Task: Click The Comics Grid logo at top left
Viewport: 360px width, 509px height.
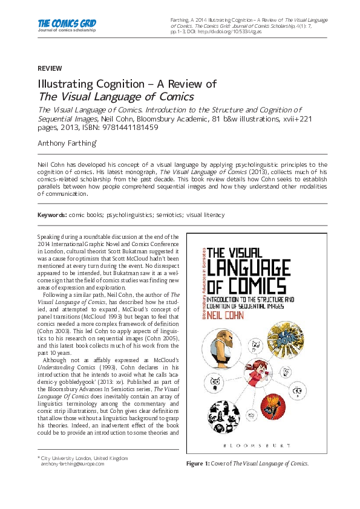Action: click(67, 25)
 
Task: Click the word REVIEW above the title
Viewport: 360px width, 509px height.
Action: click(50, 69)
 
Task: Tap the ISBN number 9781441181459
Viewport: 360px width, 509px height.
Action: click(130, 128)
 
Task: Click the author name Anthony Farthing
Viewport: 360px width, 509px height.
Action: click(66, 143)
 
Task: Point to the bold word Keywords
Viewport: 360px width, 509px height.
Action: click(52, 215)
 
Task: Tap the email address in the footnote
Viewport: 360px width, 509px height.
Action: click(72, 464)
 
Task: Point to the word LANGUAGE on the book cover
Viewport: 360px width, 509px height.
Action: click(268, 266)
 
